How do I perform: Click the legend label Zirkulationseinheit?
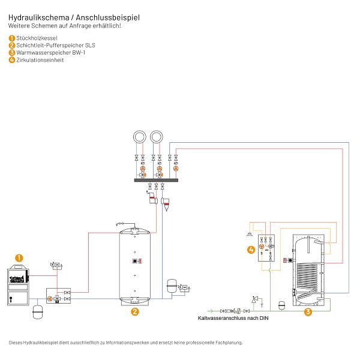[40, 60]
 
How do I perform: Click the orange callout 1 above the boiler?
[19, 258]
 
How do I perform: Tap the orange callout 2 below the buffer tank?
[135, 311]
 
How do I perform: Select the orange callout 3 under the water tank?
[308, 311]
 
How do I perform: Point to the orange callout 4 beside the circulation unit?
[250, 249]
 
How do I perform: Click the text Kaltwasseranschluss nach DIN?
[233, 319]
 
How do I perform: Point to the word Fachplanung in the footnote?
[227, 343]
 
